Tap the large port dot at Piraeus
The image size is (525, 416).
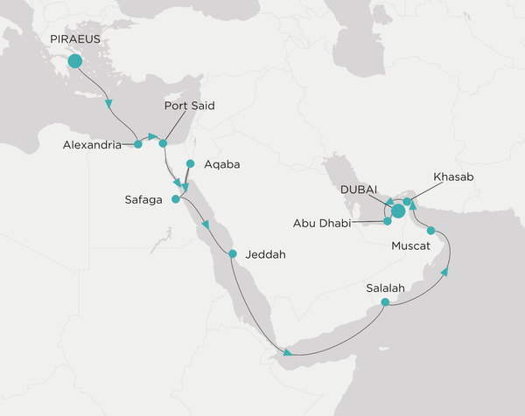(x=74, y=61)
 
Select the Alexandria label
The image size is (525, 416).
(x=92, y=146)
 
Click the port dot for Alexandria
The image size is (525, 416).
(x=137, y=144)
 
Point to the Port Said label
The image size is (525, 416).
(x=189, y=107)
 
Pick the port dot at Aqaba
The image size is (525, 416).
(x=190, y=163)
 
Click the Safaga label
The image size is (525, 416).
(x=143, y=201)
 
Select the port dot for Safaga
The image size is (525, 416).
(x=175, y=199)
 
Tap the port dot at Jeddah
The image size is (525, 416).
(x=233, y=254)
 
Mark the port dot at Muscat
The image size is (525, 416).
(x=430, y=231)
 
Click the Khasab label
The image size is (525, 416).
(x=453, y=177)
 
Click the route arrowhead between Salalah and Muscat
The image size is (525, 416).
(x=446, y=272)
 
